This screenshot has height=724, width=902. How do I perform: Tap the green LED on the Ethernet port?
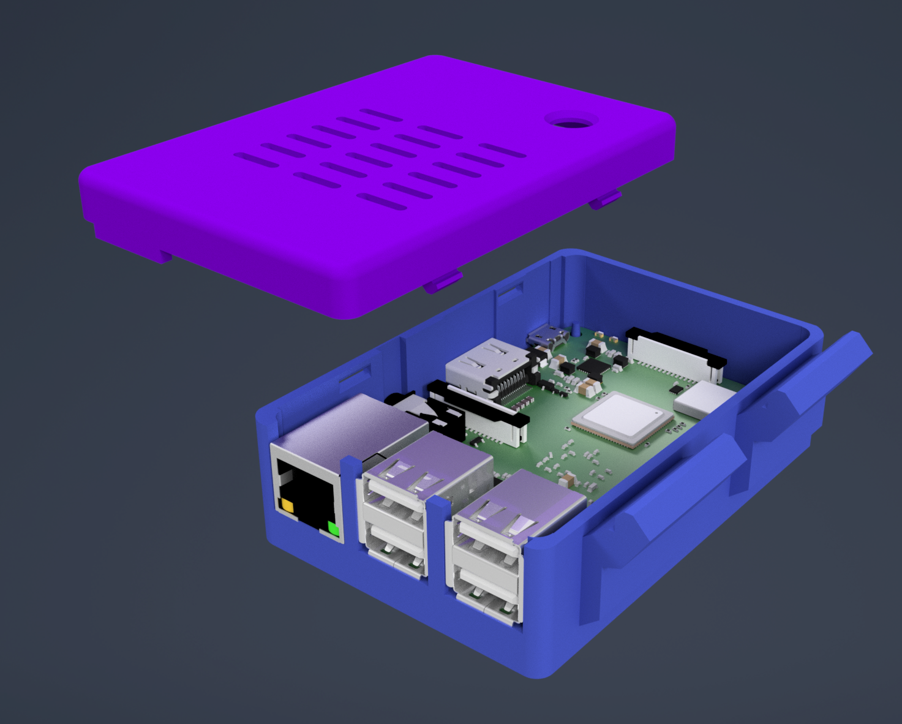333,528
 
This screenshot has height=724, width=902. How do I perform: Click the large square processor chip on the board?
622,418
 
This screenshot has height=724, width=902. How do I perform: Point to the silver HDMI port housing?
484,365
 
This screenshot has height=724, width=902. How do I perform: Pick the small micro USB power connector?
548,336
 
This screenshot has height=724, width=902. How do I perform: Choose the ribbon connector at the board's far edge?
674,356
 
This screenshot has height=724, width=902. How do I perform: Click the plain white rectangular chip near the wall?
703,399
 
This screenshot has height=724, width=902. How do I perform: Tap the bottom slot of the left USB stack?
395,545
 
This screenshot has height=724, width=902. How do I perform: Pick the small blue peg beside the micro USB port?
576,329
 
